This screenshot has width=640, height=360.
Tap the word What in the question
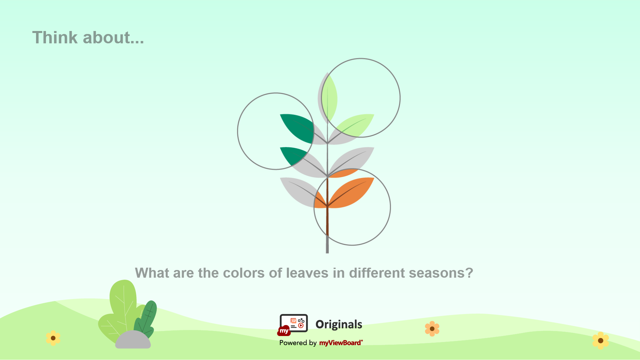point(152,273)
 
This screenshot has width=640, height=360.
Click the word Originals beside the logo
point(339,324)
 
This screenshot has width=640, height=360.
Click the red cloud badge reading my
point(284,331)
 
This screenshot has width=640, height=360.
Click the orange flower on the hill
point(432,329)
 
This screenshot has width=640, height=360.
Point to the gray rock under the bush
point(133,340)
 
